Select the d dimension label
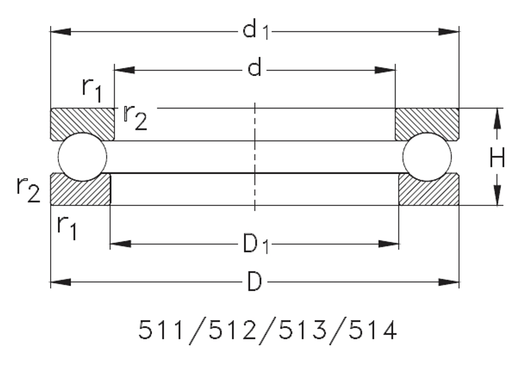click(x=254, y=70)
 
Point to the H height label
click(x=497, y=159)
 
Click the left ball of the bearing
click(x=83, y=156)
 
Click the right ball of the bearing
click(x=427, y=156)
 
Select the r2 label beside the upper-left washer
click(x=135, y=117)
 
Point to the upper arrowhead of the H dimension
click(x=498, y=117)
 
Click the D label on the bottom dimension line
click(x=254, y=283)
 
